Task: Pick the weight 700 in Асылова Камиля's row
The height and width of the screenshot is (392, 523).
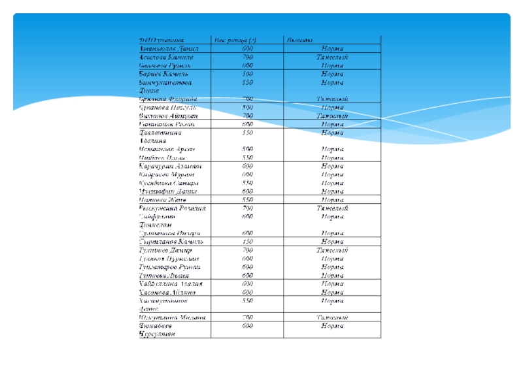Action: pyautogui.click(x=248, y=57)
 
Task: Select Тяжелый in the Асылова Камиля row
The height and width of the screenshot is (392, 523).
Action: pyautogui.click(x=332, y=57)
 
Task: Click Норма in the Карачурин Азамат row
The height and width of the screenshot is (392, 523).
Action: pyautogui.click(x=332, y=167)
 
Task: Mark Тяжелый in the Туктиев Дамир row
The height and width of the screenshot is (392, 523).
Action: pyautogui.click(x=332, y=250)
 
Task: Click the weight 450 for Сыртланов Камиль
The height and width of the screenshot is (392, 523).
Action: pyautogui.click(x=248, y=242)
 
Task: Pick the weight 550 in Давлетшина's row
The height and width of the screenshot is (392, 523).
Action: pyautogui.click(x=248, y=132)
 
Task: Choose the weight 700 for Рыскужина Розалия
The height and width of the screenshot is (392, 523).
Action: pyautogui.click(x=248, y=208)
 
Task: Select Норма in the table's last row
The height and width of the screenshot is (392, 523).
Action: pyautogui.click(x=332, y=325)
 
